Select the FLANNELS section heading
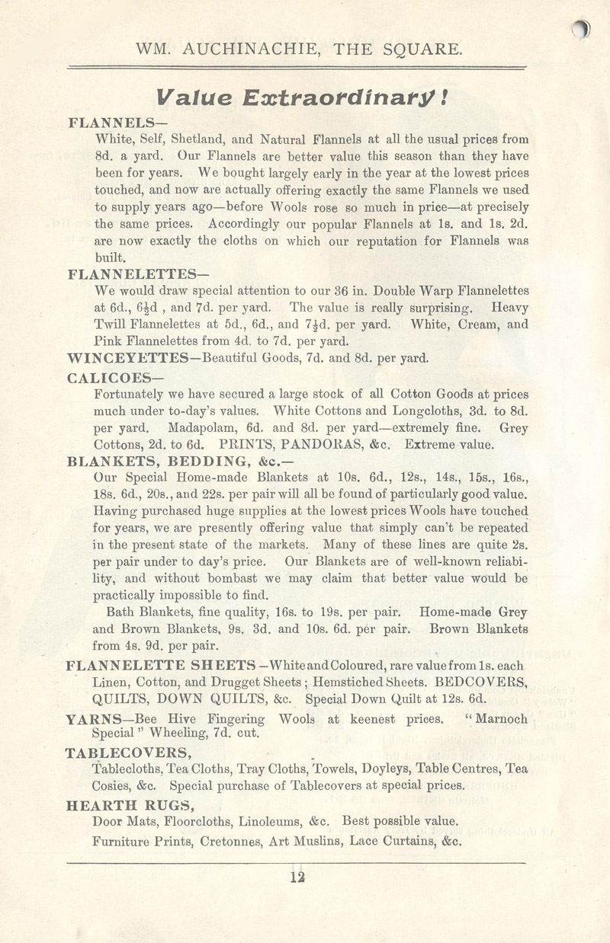[x=114, y=123]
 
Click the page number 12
[x=297, y=877]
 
